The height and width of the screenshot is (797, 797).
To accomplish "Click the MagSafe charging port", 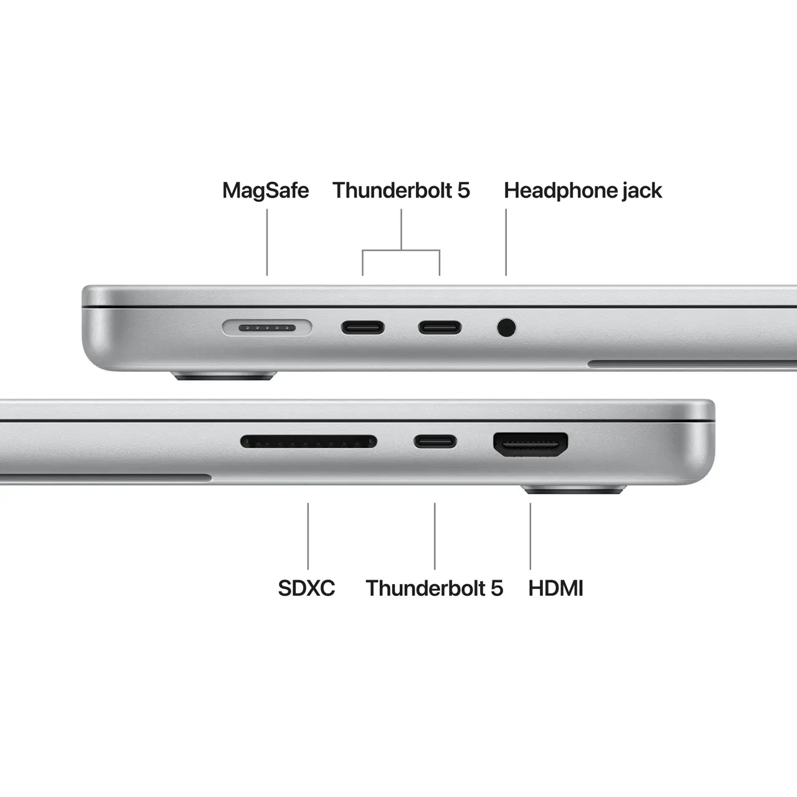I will pyautogui.click(x=268, y=327).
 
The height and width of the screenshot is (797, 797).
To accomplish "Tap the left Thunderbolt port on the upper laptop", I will pyautogui.click(x=362, y=328).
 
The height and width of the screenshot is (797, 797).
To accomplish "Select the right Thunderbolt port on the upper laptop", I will pyautogui.click(x=440, y=328).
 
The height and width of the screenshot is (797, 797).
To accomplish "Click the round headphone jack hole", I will pyautogui.click(x=507, y=328).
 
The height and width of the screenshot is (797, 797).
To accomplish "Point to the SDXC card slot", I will pyautogui.click(x=309, y=442).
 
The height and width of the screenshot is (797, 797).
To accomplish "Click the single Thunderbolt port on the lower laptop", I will pyautogui.click(x=435, y=442).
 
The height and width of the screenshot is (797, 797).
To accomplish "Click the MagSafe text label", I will pyautogui.click(x=265, y=191).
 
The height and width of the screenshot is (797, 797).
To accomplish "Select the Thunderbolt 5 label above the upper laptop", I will pyautogui.click(x=401, y=191).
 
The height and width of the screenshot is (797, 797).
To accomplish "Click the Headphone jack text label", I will pyautogui.click(x=583, y=191).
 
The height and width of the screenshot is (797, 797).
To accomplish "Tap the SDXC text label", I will pyautogui.click(x=306, y=588).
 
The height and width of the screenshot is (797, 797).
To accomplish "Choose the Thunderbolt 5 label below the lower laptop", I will pyautogui.click(x=434, y=588).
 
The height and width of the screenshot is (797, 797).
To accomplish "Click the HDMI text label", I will pyautogui.click(x=555, y=588).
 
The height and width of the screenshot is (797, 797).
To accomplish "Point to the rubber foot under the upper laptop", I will pyautogui.click(x=224, y=376).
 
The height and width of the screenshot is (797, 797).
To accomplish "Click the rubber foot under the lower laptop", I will pyautogui.click(x=573, y=491).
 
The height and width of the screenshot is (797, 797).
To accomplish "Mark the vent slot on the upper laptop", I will pyautogui.click(x=691, y=363).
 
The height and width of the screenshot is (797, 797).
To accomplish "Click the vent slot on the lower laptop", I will pyautogui.click(x=106, y=478).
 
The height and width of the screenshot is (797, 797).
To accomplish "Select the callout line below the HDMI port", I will pyautogui.click(x=531, y=535).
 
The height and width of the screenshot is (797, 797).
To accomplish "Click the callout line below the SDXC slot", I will pyautogui.click(x=308, y=535).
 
